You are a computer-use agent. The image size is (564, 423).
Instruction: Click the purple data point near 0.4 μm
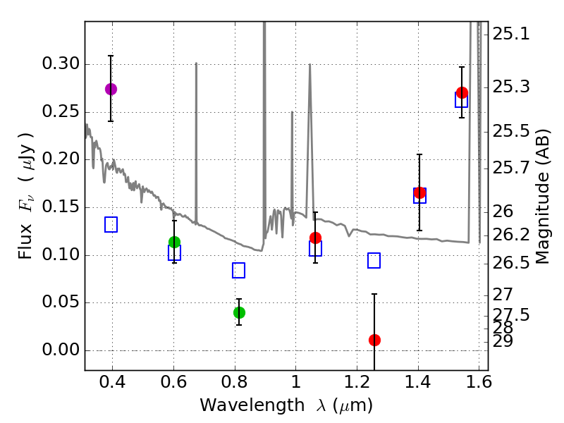coord(111,89)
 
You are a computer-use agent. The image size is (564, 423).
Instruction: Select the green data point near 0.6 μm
coord(174,242)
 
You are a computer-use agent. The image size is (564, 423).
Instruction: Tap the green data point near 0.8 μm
coord(239,312)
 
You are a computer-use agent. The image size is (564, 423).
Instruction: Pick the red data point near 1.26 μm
coord(374,340)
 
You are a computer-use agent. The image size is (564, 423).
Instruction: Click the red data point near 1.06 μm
coord(315,238)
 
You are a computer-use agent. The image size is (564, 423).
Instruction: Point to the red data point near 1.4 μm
coord(419,192)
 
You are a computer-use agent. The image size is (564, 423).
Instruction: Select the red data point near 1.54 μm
coord(462,92)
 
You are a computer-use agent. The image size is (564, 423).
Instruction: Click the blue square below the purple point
coord(111,224)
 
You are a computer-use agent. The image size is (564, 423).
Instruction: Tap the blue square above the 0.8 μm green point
coord(238,270)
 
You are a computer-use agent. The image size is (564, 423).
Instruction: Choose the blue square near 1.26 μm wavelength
coord(374,260)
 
